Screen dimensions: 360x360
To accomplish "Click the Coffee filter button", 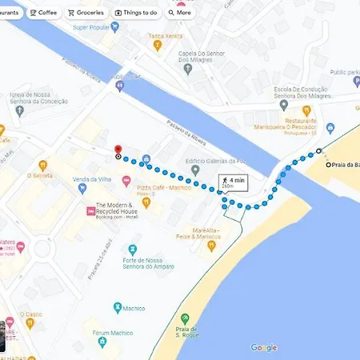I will point(44,13).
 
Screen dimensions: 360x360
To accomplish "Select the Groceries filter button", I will point(86,13).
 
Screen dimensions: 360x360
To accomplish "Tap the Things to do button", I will point(136,13).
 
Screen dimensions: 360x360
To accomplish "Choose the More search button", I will point(180,13).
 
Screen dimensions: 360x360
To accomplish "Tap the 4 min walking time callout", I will point(234,182).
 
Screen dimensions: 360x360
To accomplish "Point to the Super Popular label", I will point(91,27).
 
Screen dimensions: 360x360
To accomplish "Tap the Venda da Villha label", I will point(90,179).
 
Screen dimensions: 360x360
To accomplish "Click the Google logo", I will point(264,347).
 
